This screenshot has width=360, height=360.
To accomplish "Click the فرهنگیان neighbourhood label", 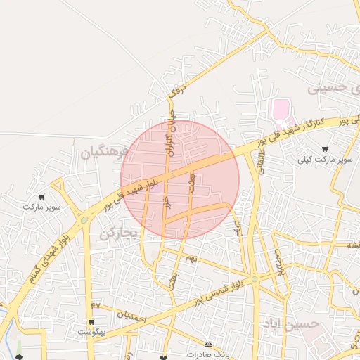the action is [105, 152].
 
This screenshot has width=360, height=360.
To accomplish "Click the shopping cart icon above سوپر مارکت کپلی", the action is [324, 148].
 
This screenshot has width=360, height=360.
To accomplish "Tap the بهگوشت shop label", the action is [91, 332].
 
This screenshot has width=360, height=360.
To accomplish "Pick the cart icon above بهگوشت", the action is [91, 321].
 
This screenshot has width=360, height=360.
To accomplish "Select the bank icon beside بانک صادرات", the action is [207, 344].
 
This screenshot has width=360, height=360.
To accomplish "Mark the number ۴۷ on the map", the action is [96, 305].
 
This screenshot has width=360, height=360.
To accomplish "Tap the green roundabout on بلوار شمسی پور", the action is [255, 279].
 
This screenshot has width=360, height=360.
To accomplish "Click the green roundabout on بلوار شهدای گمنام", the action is [84, 219].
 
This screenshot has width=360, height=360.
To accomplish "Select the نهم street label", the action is [192, 259].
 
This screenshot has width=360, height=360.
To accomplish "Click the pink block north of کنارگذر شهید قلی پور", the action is [281, 109].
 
